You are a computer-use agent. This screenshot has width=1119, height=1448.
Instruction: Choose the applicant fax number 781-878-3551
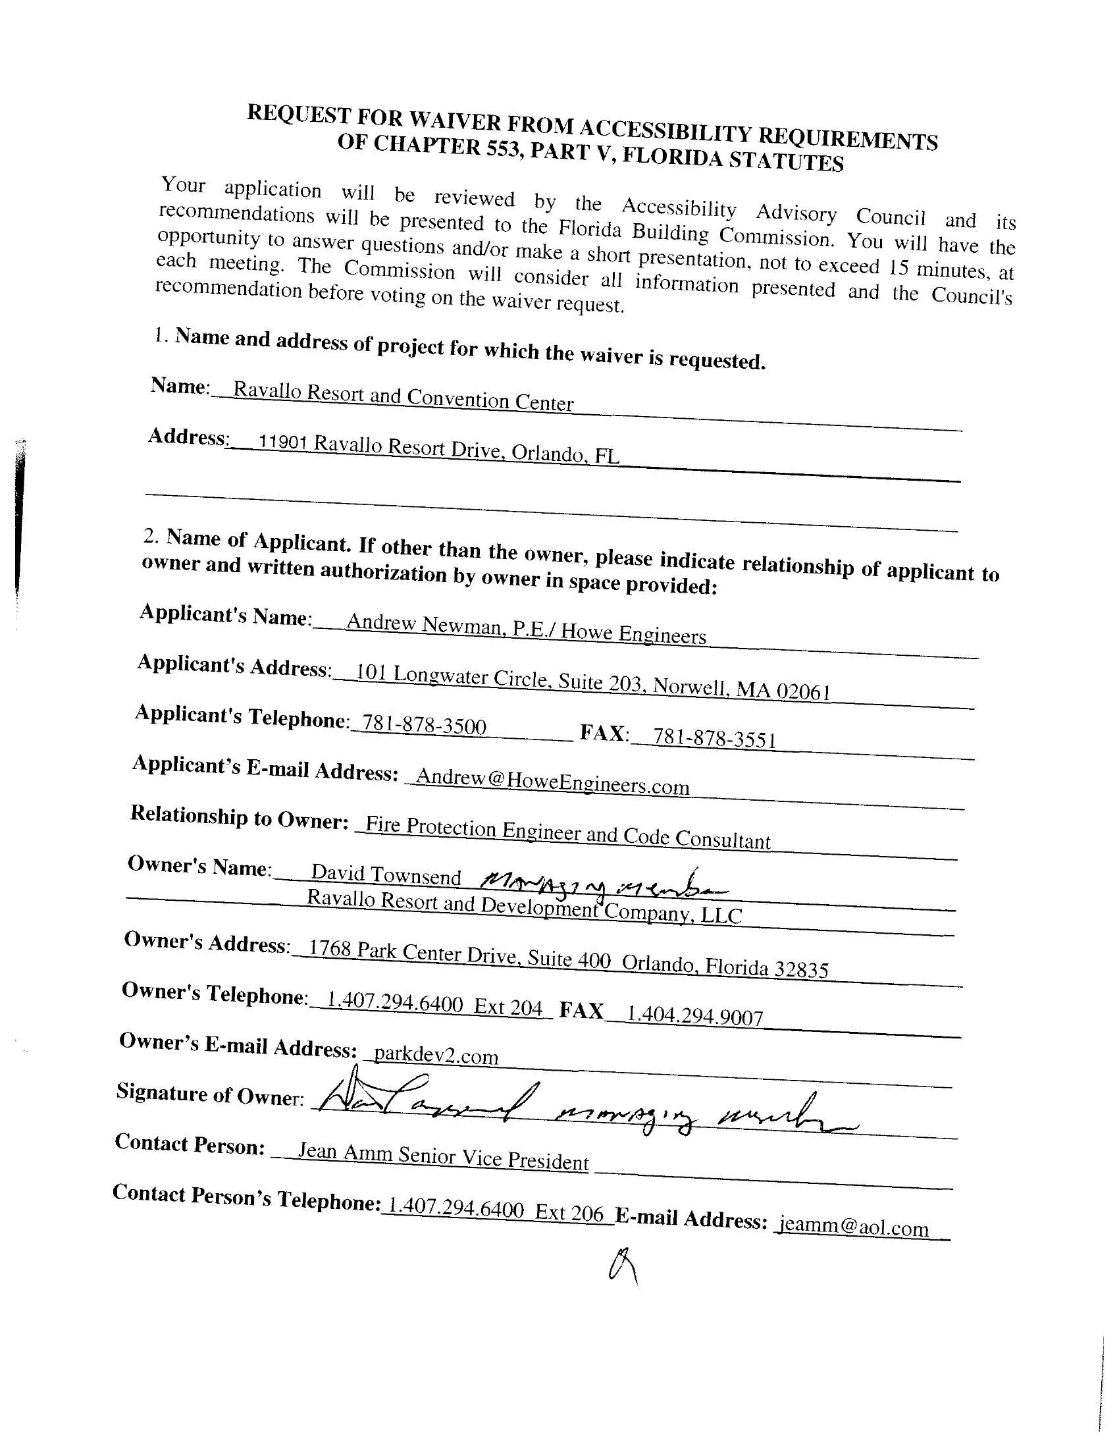coord(715,738)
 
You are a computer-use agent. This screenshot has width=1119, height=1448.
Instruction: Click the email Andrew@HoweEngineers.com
coord(552,781)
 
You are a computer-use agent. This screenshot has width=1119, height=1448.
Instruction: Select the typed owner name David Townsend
coord(386,875)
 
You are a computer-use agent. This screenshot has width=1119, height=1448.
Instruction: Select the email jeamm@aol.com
coord(854,1227)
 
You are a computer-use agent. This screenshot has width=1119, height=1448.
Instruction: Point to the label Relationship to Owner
coord(240,817)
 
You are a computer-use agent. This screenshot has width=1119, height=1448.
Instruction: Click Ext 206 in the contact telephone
coord(569,1213)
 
